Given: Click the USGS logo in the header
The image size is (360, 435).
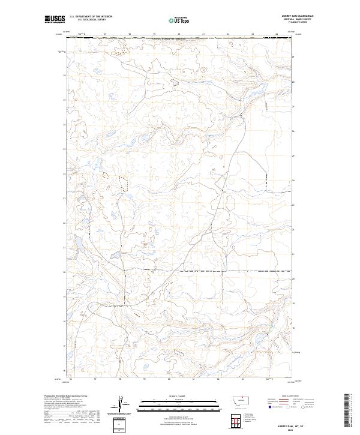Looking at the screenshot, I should (x=53, y=19).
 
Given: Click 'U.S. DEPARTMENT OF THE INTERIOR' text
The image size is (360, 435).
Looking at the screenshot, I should (x=91, y=17).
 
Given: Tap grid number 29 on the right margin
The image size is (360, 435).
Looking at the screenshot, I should (x=293, y=57).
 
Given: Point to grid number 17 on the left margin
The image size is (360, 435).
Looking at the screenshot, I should (x=64, y=346).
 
